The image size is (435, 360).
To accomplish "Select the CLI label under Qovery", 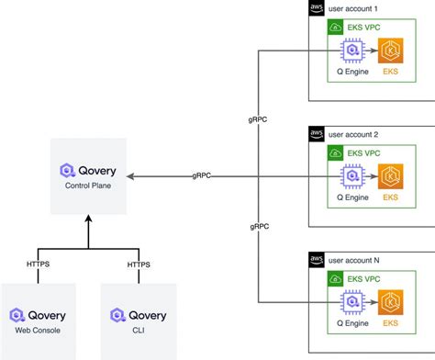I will point(138,330).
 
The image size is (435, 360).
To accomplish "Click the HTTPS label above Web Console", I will point(38,264).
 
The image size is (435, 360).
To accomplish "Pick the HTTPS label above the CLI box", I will point(138,264).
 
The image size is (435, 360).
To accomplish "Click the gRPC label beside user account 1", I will point(259,120).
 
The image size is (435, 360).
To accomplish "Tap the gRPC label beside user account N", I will point(259,225).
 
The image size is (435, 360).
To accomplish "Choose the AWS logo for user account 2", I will point(316,134).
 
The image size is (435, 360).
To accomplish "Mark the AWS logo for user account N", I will point(316,261).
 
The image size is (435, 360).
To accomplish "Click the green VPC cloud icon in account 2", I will point(335,152).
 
